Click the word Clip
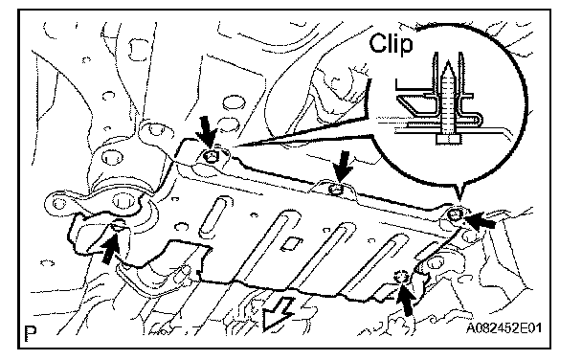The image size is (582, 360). (x=391, y=44)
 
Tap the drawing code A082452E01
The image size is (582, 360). (x=504, y=328)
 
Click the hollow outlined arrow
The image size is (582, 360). (x=277, y=312)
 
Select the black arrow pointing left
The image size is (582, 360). (x=481, y=219)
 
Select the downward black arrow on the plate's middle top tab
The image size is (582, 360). (x=343, y=167)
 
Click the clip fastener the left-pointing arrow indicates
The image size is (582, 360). (x=454, y=214)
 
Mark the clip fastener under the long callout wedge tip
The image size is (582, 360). (x=211, y=157)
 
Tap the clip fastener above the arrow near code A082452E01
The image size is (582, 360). (x=402, y=277)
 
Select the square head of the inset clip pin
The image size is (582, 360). (x=448, y=139)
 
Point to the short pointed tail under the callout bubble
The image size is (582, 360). (x=459, y=194)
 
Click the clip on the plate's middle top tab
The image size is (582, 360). (x=337, y=190)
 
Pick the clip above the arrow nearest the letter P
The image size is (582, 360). (x=118, y=226)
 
